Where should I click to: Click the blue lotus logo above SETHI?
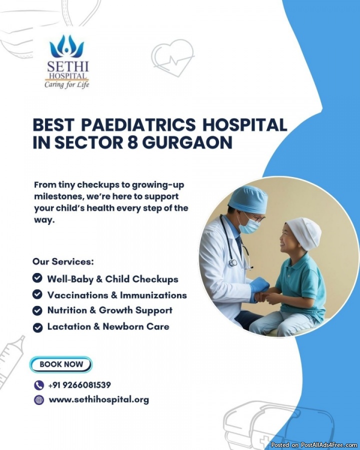66,46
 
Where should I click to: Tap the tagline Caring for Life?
66,84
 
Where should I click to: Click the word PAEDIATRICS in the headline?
138,125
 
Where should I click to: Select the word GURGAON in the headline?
187,142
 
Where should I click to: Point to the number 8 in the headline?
132,142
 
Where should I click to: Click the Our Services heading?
63,261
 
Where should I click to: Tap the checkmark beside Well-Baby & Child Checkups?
37,278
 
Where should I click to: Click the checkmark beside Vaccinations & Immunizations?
37,294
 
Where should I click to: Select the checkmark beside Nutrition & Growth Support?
37,310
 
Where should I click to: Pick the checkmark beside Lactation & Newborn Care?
37,327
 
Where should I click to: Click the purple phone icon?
39,385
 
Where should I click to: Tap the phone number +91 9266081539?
79,385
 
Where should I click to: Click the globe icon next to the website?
39,400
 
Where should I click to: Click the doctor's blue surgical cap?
248,198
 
